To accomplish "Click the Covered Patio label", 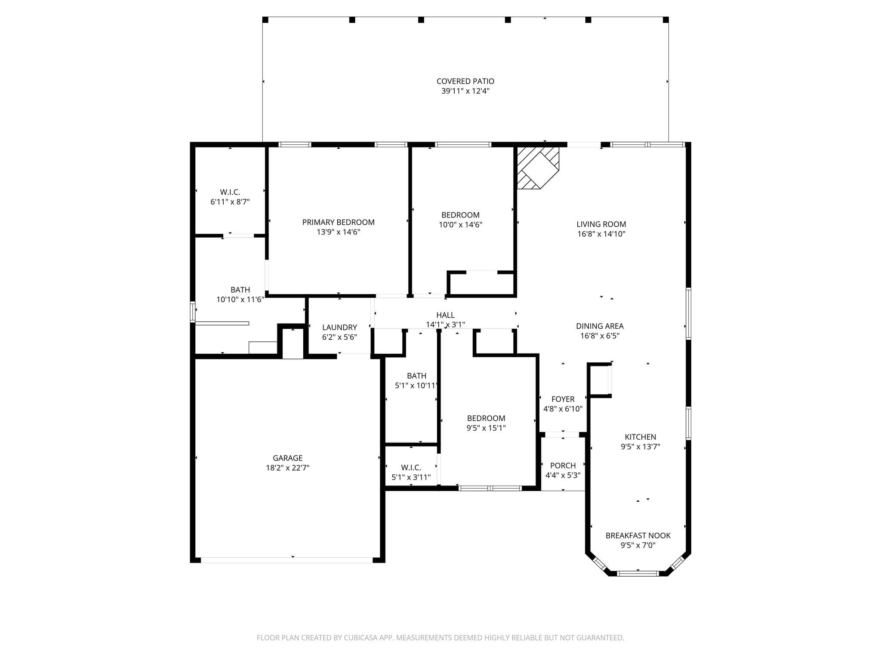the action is pyautogui.click(x=465, y=81).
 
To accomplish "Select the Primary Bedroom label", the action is pyautogui.click(x=338, y=222).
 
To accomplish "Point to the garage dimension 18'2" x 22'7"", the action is pyautogui.click(x=287, y=468).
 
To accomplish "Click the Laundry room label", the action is pyautogui.click(x=339, y=327).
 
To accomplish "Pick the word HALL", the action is pyautogui.click(x=445, y=315).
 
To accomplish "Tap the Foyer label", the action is pyautogui.click(x=563, y=399).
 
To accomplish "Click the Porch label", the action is pyautogui.click(x=563, y=466).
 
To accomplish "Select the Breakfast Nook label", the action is pyautogui.click(x=638, y=536).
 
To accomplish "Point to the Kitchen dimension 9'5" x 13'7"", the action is pyautogui.click(x=640, y=447).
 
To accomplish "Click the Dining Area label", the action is pyautogui.click(x=600, y=327).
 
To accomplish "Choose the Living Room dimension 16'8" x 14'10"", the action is pyautogui.click(x=601, y=234).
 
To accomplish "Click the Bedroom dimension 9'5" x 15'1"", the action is pyautogui.click(x=486, y=428).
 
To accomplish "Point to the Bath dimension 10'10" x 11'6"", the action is pyautogui.click(x=240, y=299).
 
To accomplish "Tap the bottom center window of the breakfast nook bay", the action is pyautogui.click(x=638, y=573).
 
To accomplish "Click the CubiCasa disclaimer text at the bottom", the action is pyautogui.click(x=440, y=638).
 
